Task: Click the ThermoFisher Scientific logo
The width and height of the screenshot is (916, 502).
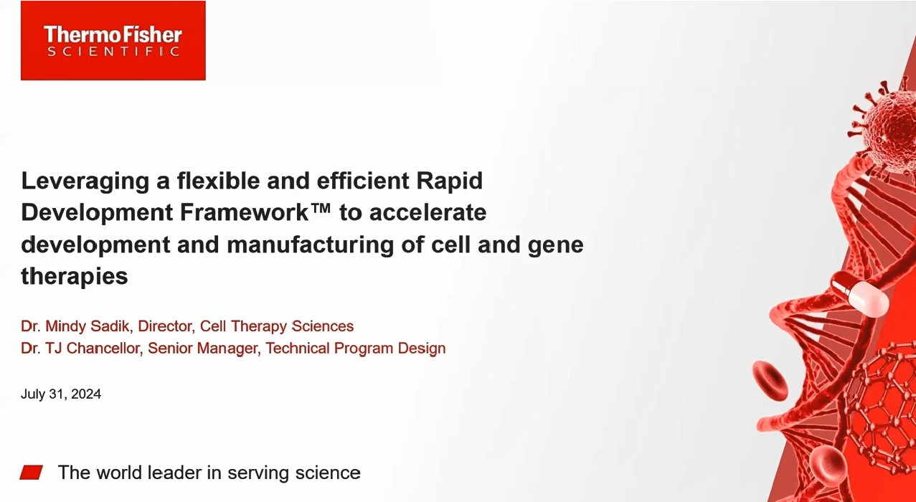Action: point(113,40)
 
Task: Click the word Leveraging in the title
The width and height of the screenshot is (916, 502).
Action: point(85,182)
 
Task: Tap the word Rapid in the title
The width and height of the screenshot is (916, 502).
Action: point(450,182)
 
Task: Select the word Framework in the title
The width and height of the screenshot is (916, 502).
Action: point(245,212)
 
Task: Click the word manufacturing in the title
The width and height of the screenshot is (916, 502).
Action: point(310,245)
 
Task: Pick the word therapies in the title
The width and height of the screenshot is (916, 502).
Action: point(75,277)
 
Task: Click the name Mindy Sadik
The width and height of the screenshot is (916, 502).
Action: point(87,326)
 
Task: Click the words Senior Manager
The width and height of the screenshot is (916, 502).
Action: point(203,349)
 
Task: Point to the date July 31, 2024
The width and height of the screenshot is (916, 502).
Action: point(61,394)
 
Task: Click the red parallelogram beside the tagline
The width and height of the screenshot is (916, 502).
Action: point(32,472)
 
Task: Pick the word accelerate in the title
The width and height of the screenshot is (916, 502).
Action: point(428,212)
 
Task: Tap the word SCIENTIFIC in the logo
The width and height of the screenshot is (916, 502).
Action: point(113,52)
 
